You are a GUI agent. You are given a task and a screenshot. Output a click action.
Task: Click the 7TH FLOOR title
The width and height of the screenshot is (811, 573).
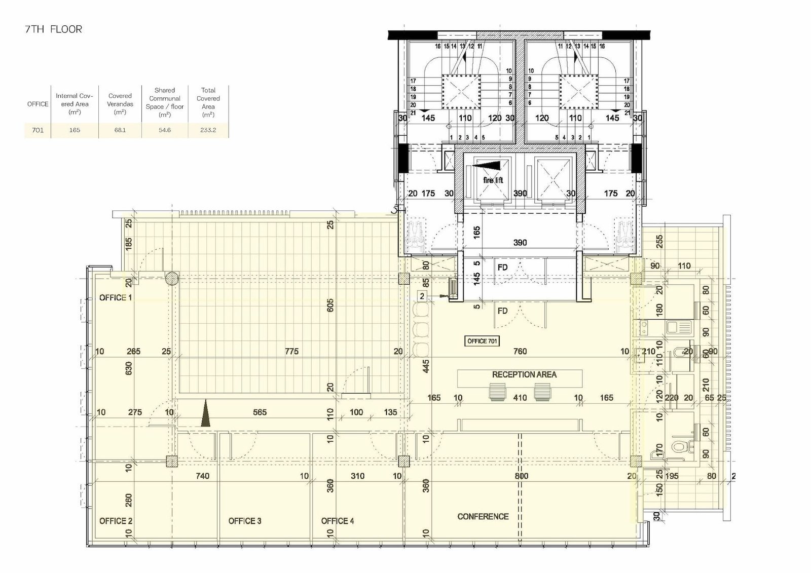coord(54,29)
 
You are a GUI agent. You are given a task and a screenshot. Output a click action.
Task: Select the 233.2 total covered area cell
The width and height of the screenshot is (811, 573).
coord(208,130)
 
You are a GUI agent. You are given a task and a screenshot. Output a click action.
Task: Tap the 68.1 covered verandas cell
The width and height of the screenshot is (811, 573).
coord(120,130)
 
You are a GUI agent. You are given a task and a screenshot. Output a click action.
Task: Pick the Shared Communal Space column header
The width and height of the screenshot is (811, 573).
coord(165,102)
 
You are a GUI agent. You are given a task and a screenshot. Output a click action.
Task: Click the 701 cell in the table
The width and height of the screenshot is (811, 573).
coord(38,130)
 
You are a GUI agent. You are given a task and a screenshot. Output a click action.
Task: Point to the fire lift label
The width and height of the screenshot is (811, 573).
coord(493,180)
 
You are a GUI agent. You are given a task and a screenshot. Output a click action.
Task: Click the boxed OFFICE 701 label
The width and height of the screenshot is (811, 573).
coord(482,341)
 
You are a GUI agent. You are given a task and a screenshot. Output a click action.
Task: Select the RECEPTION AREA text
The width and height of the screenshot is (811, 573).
coord(524,374)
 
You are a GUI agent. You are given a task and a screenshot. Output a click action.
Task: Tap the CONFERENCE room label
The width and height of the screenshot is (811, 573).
coord(483,517)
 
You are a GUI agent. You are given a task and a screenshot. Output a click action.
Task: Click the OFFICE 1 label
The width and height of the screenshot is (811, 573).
coord(116,297)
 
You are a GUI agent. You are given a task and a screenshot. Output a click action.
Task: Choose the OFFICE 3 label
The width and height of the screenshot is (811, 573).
coord(245,521)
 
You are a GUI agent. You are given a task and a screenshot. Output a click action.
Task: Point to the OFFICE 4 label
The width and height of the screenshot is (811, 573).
coord(338,521)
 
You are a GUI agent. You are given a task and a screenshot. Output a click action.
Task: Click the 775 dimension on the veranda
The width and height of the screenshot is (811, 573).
coord(292,351)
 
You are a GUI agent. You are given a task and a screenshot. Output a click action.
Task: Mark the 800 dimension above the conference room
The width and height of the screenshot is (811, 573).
coord(522,476)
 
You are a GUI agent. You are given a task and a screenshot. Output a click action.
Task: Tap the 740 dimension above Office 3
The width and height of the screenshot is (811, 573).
coord(202,476)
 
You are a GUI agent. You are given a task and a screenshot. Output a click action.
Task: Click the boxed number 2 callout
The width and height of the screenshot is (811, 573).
coord(422,296)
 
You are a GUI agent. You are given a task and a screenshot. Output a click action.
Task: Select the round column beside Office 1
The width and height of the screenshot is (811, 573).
coord(172,279)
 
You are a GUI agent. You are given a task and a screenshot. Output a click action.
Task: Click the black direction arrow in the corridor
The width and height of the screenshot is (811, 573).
coord(206,413)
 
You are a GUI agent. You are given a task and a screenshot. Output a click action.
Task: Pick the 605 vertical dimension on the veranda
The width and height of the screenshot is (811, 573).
coord(330,305)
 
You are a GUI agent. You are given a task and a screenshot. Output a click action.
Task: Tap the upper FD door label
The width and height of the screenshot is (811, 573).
coord(502,268)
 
